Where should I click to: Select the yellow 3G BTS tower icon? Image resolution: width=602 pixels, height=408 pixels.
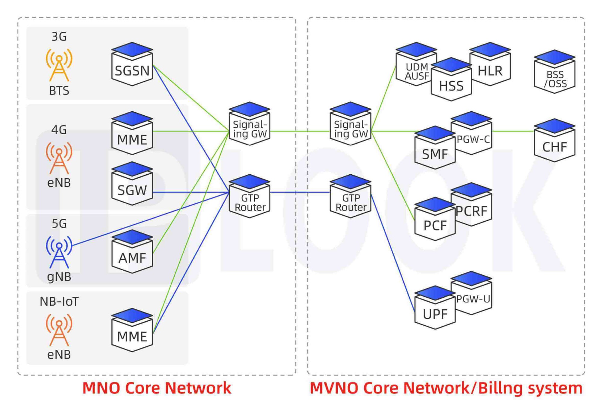pos(59,65)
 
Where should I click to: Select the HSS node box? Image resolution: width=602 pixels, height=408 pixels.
pos(451,83)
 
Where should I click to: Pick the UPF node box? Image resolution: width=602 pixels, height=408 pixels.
pos(435,311)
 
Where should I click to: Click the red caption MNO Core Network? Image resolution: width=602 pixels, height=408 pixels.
pos(157,388)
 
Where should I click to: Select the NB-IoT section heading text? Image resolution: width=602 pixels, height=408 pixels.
pos(59,301)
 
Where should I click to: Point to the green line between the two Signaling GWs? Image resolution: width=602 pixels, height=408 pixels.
pos(299,131)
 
